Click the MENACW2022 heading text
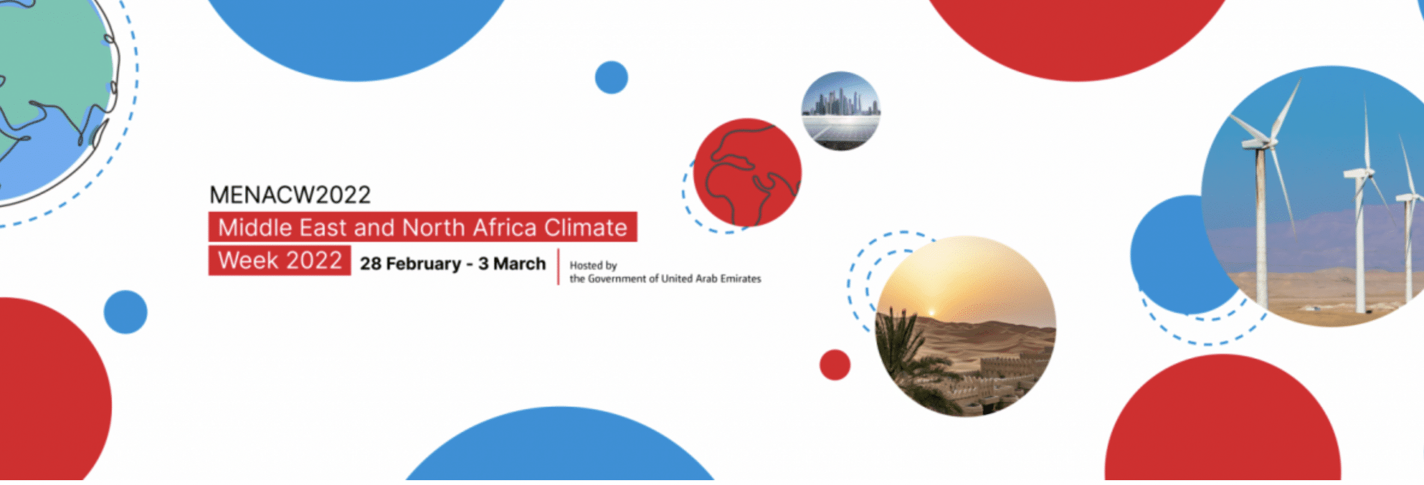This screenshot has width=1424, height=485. coord(290,195)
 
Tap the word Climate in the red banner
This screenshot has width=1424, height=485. coord(586,227)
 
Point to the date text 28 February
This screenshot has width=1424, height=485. coord(410,264)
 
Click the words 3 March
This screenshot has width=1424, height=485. coord(512,264)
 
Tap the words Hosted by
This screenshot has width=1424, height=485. coord(593,265)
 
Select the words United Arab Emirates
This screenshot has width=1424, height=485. coord(711,279)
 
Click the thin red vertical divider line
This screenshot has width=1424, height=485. coord(559,267)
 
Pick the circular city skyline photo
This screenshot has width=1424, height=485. coord(841,111)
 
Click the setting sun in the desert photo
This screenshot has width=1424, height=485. coord(931,312)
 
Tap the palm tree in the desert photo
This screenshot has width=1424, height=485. coord(902,349)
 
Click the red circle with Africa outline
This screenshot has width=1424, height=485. coord(747,172)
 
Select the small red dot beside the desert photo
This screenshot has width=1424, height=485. coord(835,365)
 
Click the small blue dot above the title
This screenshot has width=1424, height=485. coord(612,78)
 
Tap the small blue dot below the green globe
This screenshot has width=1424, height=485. coord(126,312)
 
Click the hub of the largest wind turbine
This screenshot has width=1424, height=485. coord(1260,143)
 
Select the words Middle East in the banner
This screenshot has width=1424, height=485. coord(282,227)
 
